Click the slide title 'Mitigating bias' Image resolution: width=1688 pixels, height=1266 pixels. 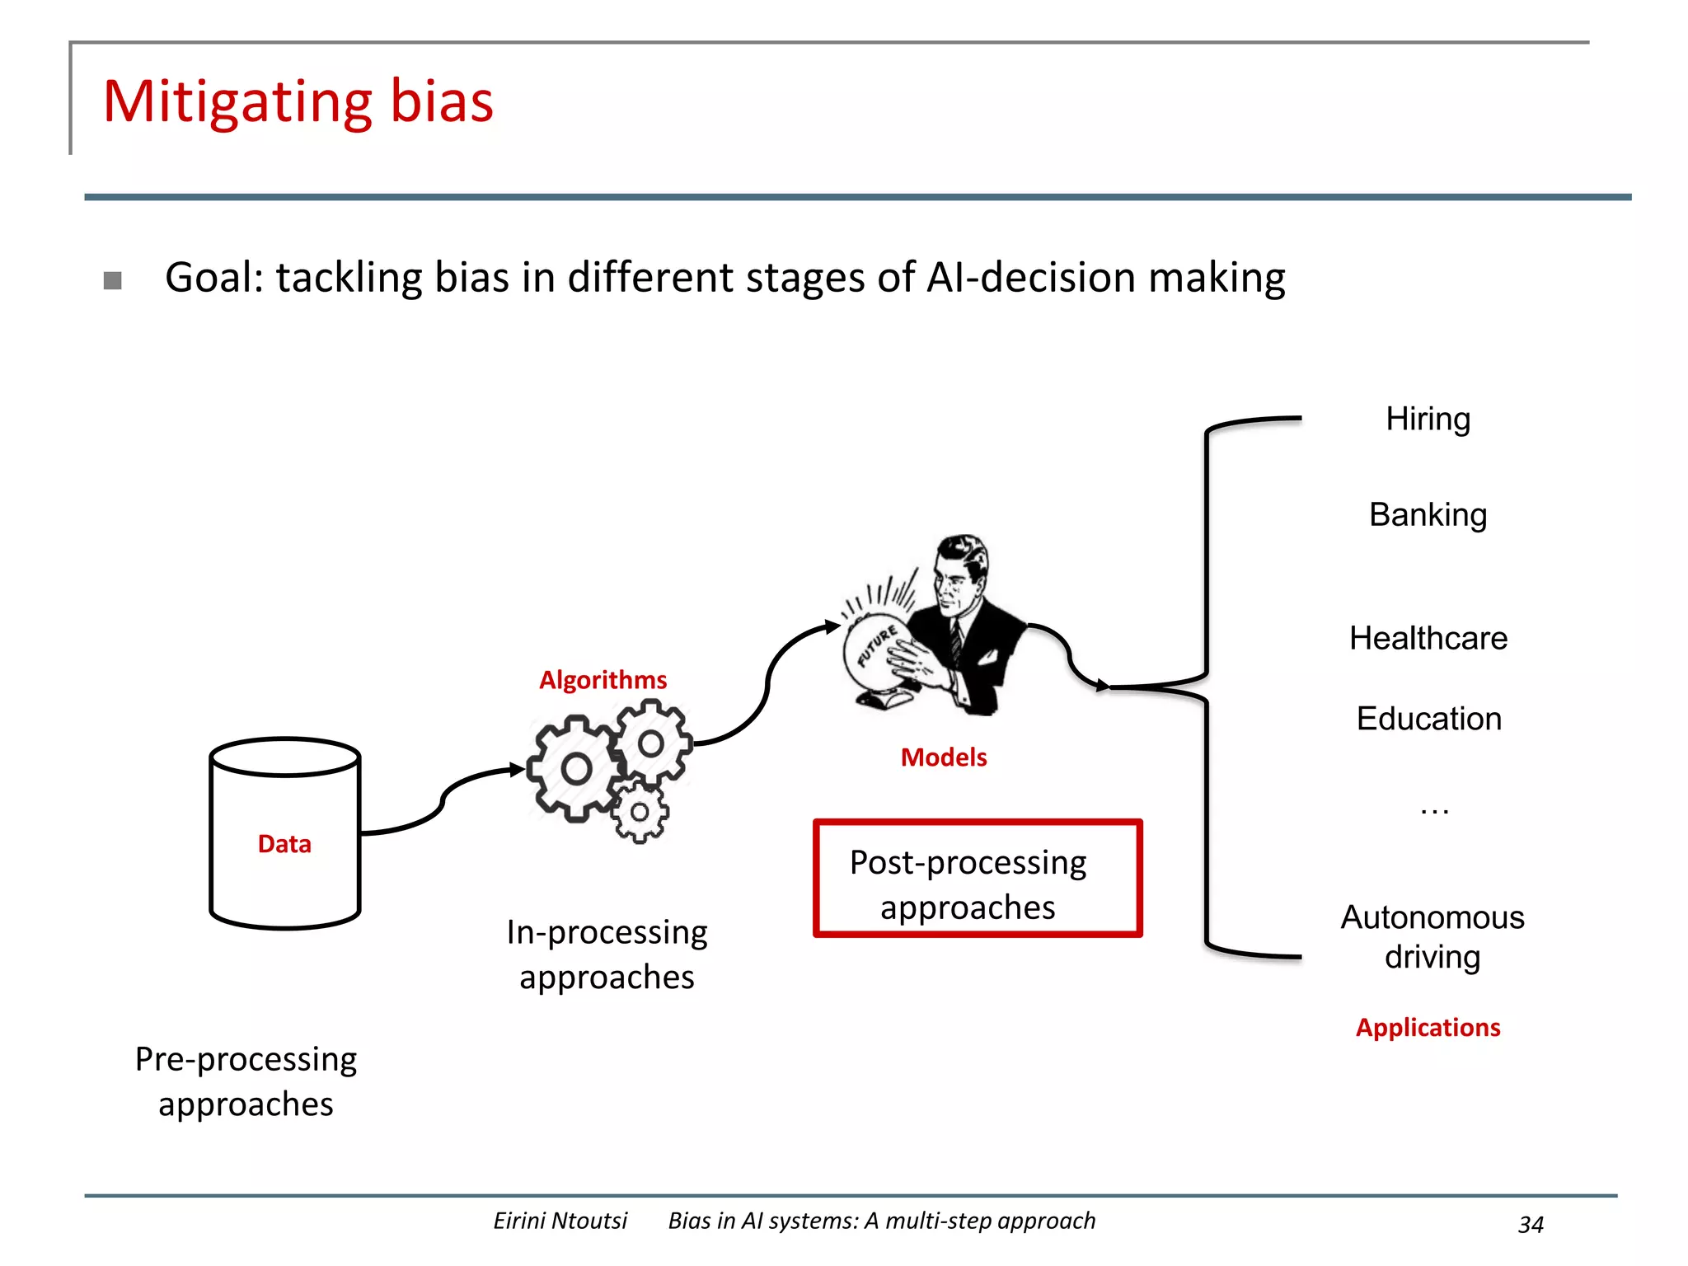[x=298, y=102]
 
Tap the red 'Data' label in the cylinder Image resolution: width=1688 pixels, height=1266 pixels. [x=284, y=844]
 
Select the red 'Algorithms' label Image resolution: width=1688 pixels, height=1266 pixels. [x=603, y=680]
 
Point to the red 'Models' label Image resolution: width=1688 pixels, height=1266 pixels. [x=943, y=757]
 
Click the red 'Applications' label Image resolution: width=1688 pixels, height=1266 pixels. [x=1428, y=1028]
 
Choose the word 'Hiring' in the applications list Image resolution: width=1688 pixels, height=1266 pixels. [x=1428, y=420]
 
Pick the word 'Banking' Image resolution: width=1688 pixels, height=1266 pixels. [x=1428, y=515]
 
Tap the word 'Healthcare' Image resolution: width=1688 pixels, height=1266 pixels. [x=1428, y=639]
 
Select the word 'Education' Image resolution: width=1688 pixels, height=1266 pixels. [x=1428, y=719]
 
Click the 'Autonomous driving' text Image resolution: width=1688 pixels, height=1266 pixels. [x=1432, y=937]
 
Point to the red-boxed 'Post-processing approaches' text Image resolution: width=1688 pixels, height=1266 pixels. [x=968, y=884]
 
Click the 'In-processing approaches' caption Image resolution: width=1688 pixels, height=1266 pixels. [x=607, y=954]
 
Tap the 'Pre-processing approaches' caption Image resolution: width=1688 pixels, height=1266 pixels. [x=246, y=1081]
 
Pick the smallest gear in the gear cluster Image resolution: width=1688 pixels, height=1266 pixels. [x=640, y=813]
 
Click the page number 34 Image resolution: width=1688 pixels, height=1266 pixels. [x=1531, y=1224]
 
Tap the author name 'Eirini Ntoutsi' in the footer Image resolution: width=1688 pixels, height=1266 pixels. [x=560, y=1221]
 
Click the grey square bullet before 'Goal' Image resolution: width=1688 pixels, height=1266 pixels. [x=113, y=281]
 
